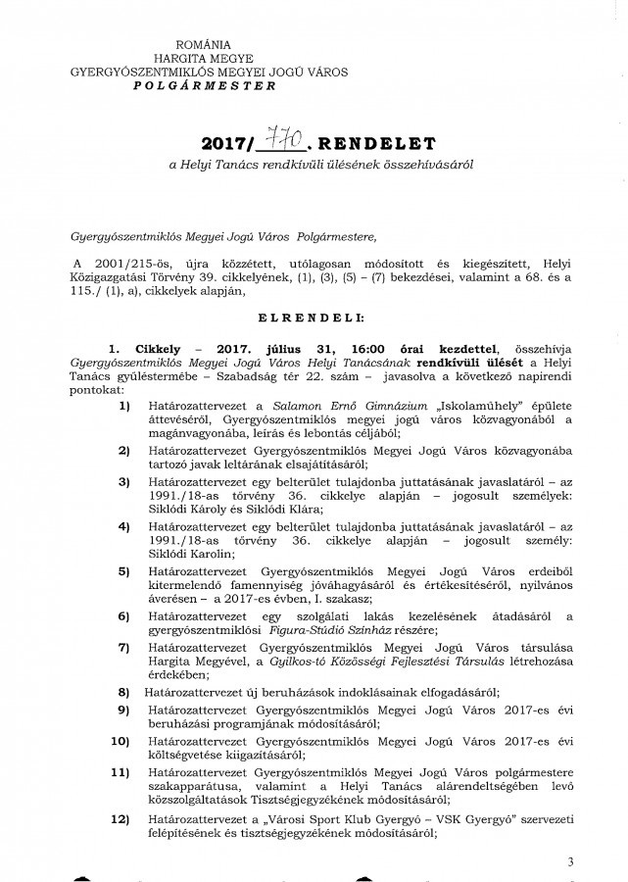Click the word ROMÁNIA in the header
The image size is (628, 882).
(201, 45)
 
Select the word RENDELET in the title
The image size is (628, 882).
(375, 149)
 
